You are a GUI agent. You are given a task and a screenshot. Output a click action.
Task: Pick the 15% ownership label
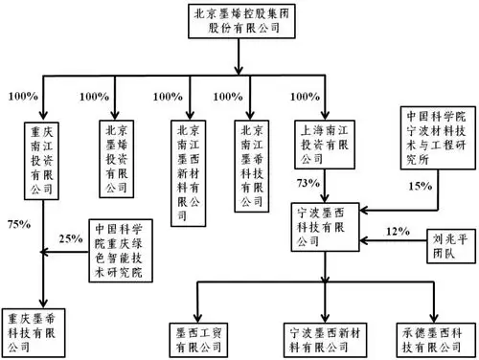click(421, 186)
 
